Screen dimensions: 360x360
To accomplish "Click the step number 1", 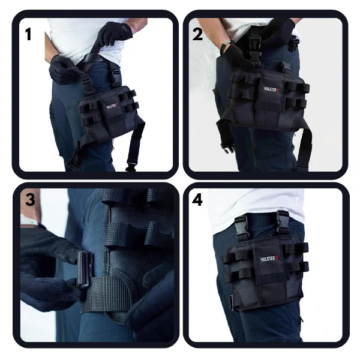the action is [x=28, y=34].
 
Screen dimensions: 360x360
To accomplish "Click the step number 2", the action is [x=197, y=34].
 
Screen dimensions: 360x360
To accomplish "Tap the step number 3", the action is [x=30, y=200].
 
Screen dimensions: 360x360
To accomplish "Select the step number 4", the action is [x=197, y=200].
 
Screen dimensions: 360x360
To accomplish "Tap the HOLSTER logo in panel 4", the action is [x=270, y=259].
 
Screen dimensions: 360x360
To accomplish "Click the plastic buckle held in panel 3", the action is [x=85, y=269].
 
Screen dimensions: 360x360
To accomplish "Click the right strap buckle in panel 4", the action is [x=282, y=221].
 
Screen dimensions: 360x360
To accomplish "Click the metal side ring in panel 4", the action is [x=232, y=302].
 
